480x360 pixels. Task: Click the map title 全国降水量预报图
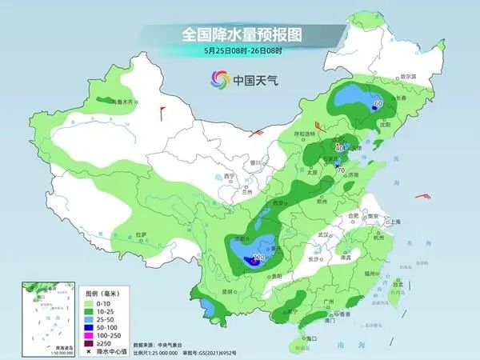click(239, 34)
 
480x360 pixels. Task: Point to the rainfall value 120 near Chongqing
click(258, 258)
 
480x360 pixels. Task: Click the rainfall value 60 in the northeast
click(378, 103)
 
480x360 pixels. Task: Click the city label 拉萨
click(142, 234)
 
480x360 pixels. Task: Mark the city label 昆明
click(230, 290)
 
